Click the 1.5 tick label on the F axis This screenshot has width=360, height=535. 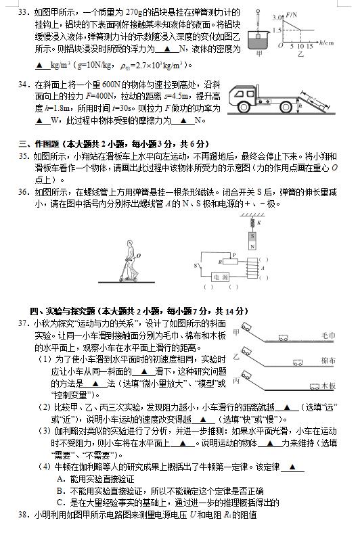coord(277,30)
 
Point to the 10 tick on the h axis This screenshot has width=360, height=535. coord(300,46)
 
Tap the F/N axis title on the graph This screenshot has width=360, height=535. coord(292,15)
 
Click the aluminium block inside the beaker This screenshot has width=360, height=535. coord(259,36)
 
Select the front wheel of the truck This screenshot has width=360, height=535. coord(244,106)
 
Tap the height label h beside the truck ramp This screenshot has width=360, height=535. coord(300,106)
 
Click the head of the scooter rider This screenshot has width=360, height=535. coord(129,243)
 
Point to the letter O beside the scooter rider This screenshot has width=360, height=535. coord(139,256)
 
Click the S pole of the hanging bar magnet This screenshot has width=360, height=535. coord(252,236)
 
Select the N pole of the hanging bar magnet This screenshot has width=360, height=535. coord(252,246)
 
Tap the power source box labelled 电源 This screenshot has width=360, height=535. coord(220,277)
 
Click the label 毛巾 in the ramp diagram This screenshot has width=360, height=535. coord(328,335)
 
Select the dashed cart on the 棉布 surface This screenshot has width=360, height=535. coord(298,363)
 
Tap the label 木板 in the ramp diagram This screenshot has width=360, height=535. coord(328,386)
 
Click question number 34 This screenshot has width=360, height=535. coord(23,85)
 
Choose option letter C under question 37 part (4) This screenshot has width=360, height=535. coord(60,503)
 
